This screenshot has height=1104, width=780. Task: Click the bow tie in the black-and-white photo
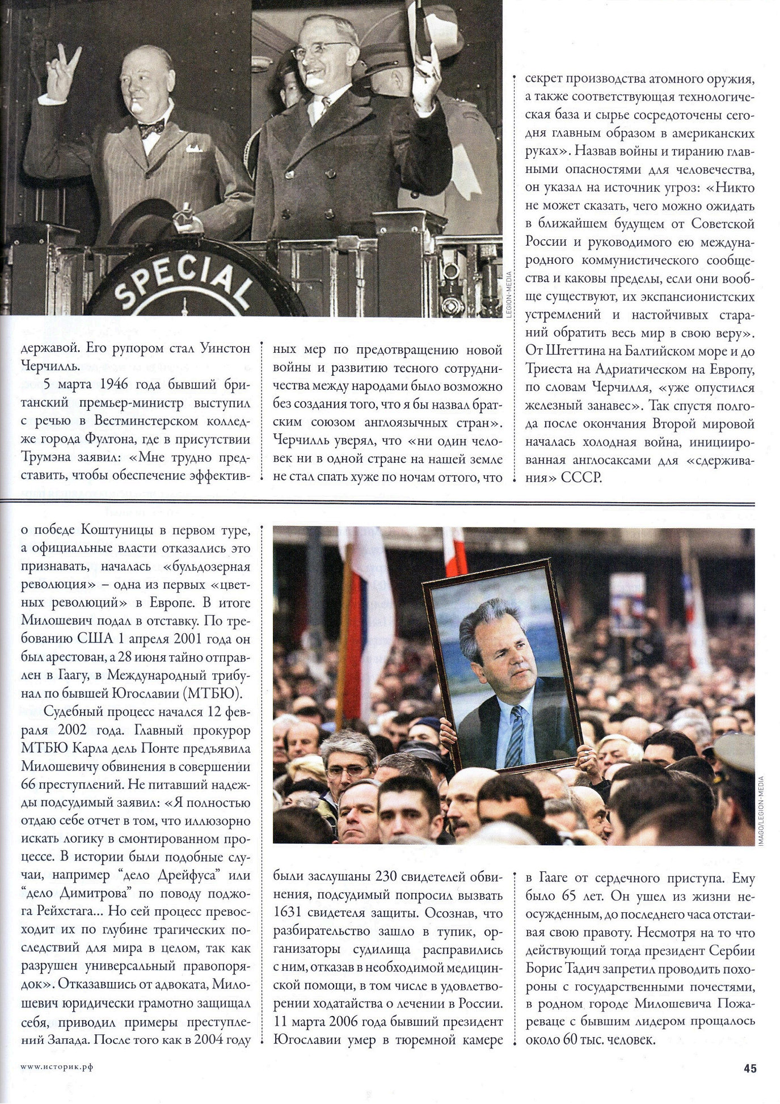click(151, 129)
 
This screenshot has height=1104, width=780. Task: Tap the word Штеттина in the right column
click(575, 351)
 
